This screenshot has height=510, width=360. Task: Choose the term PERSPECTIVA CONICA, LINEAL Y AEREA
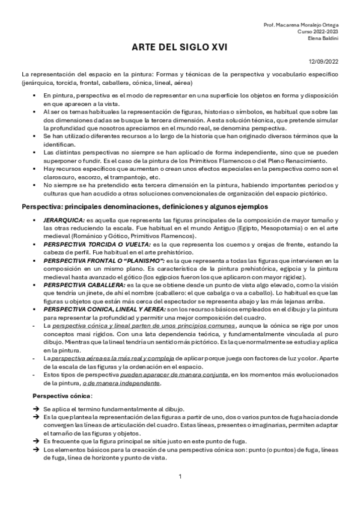click(109, 309)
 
